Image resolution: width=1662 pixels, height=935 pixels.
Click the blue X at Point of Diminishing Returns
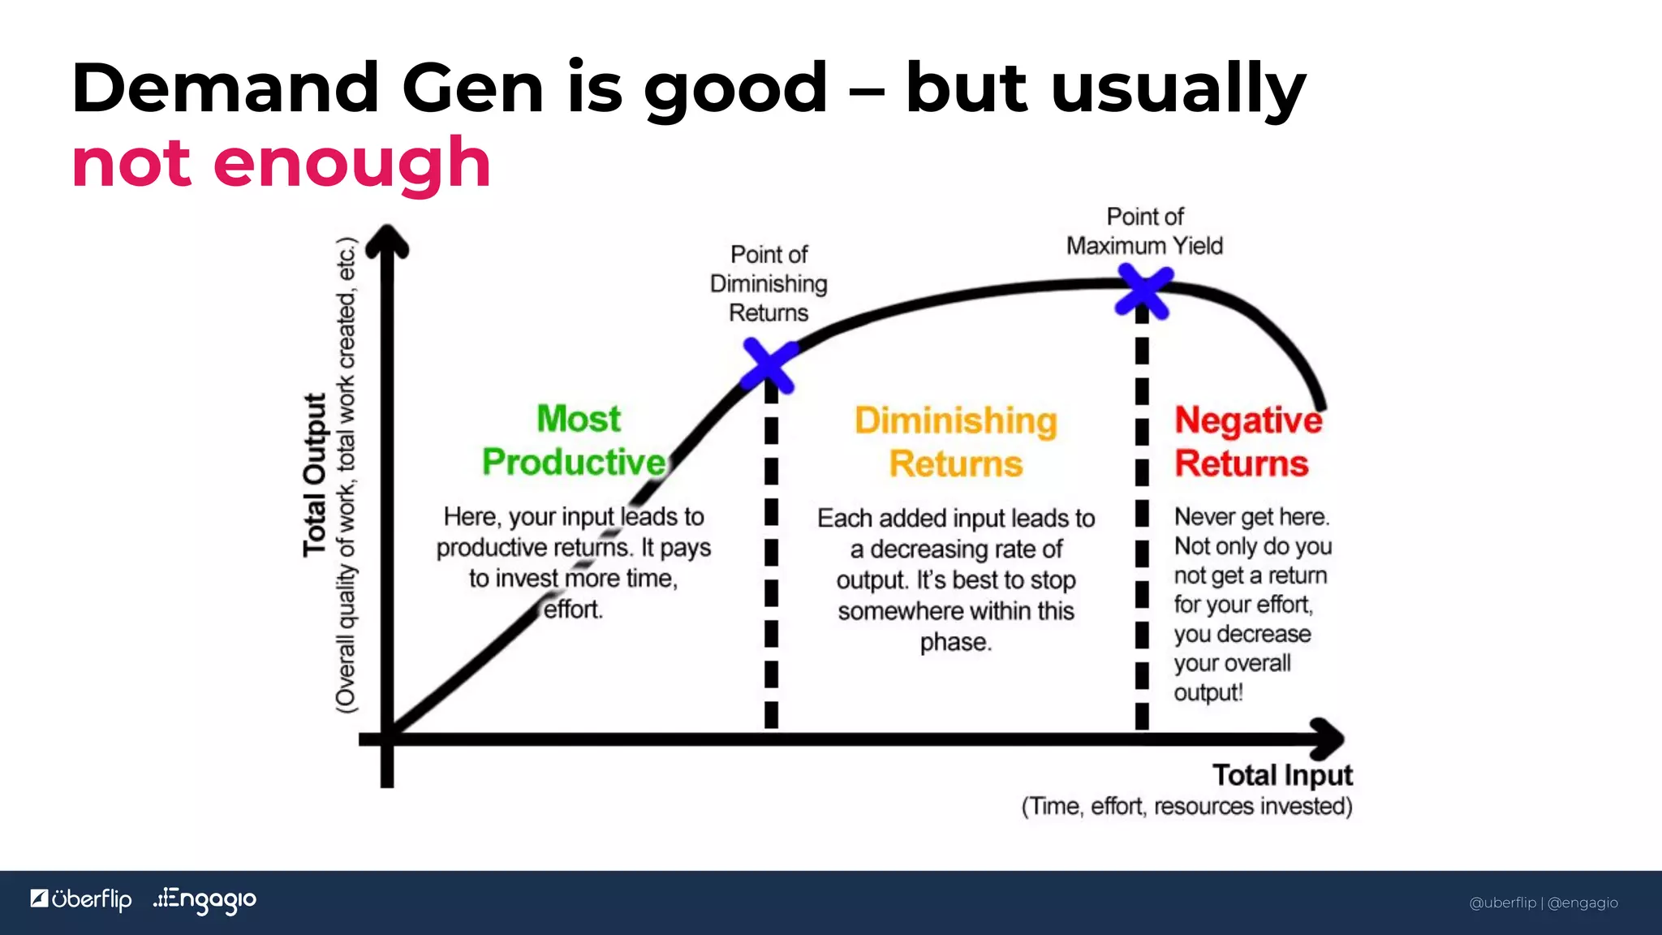coord(769,365)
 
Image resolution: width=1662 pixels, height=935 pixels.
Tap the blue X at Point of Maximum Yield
coord(1143,291)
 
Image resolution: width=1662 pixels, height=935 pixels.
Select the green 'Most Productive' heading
coord(575,441)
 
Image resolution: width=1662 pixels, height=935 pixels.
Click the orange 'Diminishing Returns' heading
coord(956,442)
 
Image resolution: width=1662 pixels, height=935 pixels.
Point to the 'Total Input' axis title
coord(1282,775)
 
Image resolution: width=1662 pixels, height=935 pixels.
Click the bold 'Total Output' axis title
coord(315,475)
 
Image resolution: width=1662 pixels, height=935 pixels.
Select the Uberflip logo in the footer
coord(81,899)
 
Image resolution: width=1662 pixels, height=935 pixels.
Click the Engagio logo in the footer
coord(205,900)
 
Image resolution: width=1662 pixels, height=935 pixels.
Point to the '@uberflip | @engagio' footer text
coord(1544,903)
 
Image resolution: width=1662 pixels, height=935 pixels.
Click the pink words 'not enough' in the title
coord(282,163)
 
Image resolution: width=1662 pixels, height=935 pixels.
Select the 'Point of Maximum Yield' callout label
coord(1144,231)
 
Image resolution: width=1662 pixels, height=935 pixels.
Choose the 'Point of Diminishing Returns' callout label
coord(769,283)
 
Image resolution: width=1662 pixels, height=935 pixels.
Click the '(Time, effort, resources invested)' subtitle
coord(1186,806)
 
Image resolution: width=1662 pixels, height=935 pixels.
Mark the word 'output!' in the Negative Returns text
coord(1208,693)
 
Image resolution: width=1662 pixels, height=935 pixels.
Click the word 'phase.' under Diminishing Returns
coord(955,642)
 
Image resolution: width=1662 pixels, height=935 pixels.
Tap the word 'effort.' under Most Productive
coord(573,610)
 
